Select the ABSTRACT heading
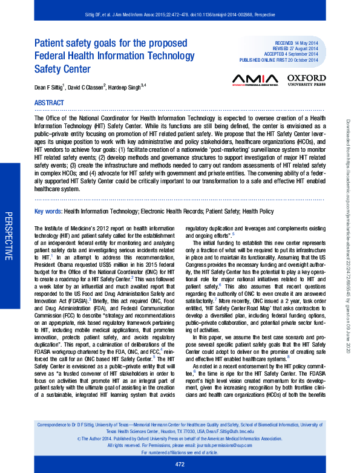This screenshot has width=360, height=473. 50,103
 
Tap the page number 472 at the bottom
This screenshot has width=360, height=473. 180,464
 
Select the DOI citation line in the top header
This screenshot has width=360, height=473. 180,13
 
